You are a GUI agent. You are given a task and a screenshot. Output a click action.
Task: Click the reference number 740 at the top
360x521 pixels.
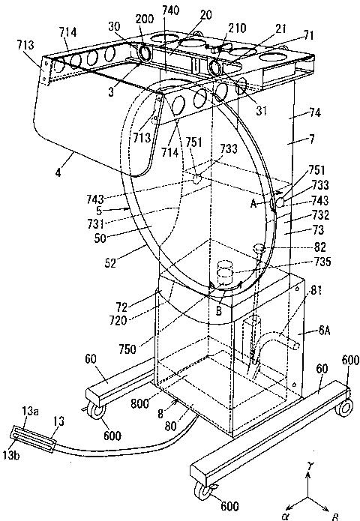171,10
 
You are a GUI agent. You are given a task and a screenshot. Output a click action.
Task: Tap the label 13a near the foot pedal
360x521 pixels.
29,411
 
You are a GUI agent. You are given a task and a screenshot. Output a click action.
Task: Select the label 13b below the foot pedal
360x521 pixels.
11,455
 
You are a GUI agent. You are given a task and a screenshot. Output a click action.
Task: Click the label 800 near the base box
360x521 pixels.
139,403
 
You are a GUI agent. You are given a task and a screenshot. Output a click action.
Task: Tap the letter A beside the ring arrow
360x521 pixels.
254,203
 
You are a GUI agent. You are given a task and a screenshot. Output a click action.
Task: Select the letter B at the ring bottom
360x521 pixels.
219,310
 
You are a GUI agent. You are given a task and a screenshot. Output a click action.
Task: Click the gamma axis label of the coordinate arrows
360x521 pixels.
310,466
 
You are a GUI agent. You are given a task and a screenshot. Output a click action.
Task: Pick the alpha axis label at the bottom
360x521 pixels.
285,516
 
